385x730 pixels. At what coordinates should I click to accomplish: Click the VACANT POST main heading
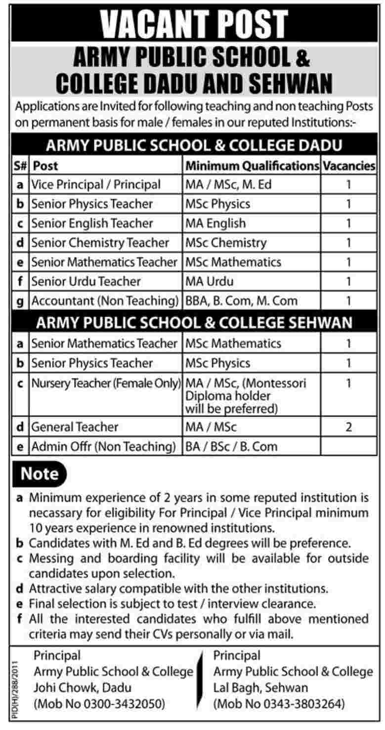(192, 23)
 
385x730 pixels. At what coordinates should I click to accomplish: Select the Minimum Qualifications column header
(252, 166)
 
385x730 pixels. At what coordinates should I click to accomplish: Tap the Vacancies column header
(348, 166)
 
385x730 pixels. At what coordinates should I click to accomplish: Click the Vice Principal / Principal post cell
(96, 185)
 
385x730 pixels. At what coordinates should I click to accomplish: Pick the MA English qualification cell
(215, 223)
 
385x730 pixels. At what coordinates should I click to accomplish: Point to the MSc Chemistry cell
(226, 243)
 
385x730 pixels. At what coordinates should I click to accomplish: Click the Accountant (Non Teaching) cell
(104, 301)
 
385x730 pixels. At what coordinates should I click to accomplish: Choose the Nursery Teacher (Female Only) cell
(105, 383)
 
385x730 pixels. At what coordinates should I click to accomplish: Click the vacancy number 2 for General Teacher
(348, 427)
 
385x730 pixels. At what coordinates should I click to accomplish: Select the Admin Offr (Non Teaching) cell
(104, 446)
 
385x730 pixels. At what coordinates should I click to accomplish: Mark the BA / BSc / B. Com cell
(232, 446)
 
